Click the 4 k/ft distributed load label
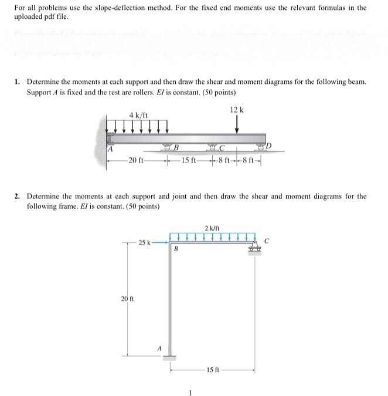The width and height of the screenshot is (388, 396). click(139, 116)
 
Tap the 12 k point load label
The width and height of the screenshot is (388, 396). click(237, 110)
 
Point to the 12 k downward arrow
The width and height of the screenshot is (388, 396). click(236, 125)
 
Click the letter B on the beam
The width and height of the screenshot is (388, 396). click(175, 147)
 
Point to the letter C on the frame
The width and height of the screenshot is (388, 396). click(267, 239)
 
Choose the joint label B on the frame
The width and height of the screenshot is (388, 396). click(175, 249)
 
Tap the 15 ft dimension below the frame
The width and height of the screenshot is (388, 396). click(212, 370)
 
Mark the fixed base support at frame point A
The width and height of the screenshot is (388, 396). click(170, 357)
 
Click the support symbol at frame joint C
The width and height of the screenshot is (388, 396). click(254, 249)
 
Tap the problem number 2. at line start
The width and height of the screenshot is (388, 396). click(18, 197)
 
